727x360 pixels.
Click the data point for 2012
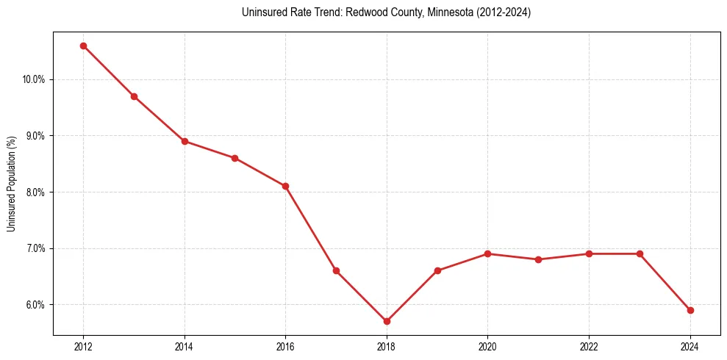pyautogui.click(x=83, y=46)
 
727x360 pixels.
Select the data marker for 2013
pyautogui.click(x=134, y=96)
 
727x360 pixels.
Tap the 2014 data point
pyautogui.click(x=185, y=141)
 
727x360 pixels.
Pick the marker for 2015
pyautogui.click(x=234, y=158)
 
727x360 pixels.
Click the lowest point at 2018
pyautogui.click(x=387, y=321)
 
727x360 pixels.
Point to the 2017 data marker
pyautogui.click(x=336, y=270)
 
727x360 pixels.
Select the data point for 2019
pyautogui.click(x=437, y=270)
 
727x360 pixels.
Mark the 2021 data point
pyautogui.click(x=538, y=259)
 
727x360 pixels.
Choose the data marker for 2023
pyautogui.click(x=640, y=253)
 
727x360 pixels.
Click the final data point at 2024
pyautogui.click(x=690, y=310)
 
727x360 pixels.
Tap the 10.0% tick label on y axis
pyautogui.click(x=34, y=79)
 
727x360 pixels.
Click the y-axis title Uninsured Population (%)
pyautogui.click(x=11, y=184)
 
